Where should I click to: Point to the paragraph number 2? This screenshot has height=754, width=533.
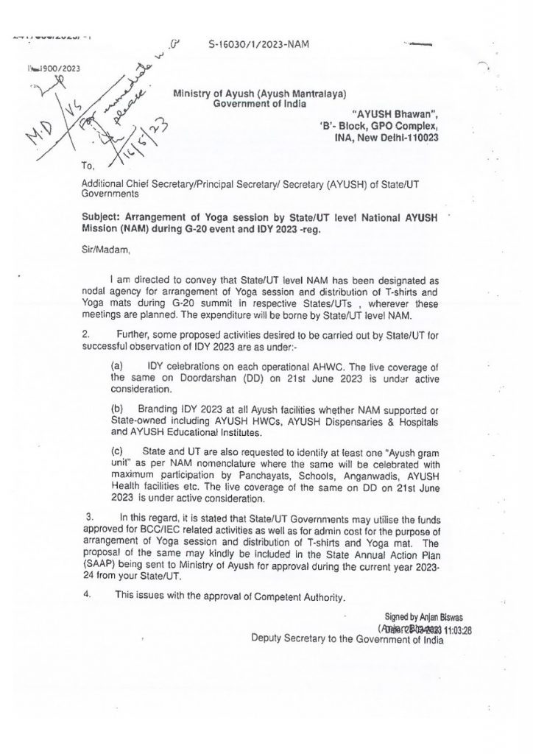pyautogui.click(x=86, y=335)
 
